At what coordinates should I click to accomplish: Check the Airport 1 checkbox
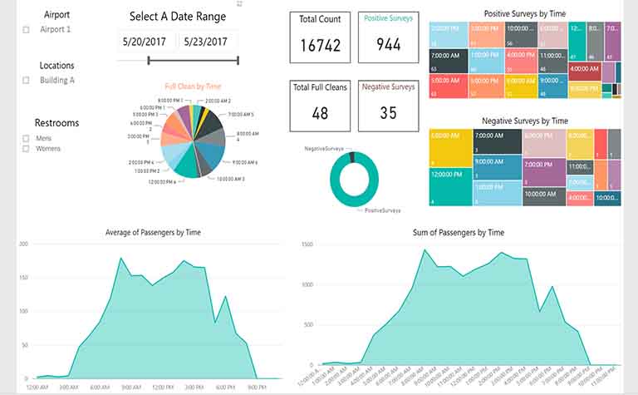(26, 30)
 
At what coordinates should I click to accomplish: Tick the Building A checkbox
(26, 81)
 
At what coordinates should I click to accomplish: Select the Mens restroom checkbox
(26, 139)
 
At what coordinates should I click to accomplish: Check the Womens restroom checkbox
(26, 149)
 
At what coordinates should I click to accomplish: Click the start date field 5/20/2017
(144, 41)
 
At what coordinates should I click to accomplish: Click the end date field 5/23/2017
(205, 41)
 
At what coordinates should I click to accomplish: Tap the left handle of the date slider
(149, 60)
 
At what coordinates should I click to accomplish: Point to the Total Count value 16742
(320, 46)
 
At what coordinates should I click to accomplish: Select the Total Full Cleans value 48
(320, 113)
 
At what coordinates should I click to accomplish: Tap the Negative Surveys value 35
(388, 113)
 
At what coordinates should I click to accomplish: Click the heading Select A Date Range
(177, 17)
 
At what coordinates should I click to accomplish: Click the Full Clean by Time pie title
(193, 86)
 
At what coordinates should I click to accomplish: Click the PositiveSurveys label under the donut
(383, 211)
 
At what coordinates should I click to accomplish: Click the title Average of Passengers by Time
(153, 232)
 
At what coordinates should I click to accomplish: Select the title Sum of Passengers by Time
(458, 232)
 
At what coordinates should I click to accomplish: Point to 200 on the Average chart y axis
(24, 244)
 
